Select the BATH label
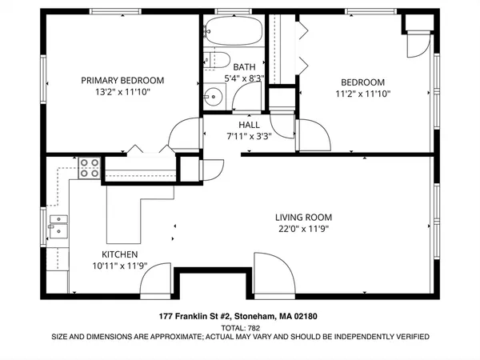[x=244, y=66]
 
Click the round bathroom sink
[x=213, y=98]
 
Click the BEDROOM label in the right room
[x=362, y=82]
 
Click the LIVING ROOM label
[x=303, y=217]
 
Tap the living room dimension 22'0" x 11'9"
[x=303, y=229]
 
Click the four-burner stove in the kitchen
[x=89, y=169]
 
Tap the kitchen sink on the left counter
[x=57, y=226]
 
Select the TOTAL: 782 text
[x=240, y=327]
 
